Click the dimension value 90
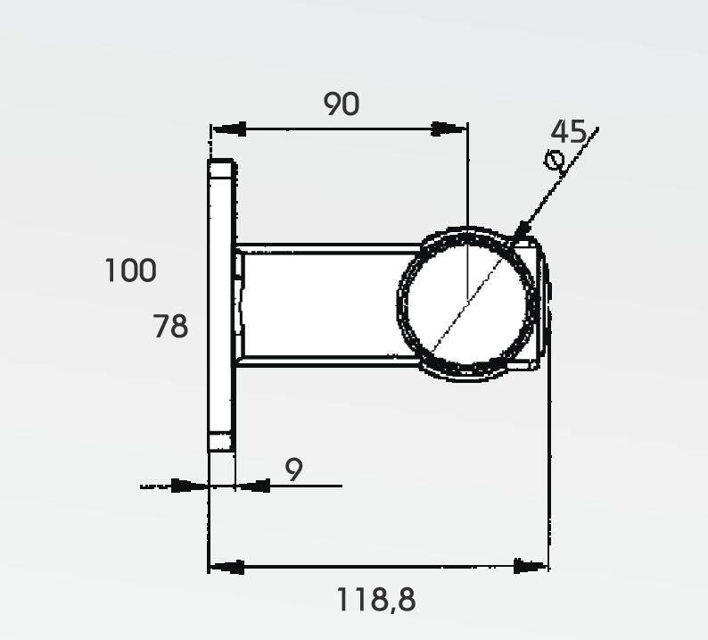[x=342, y=104]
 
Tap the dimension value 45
[x=569, y=131]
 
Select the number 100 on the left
[x=130, y=270]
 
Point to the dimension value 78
[x=170, y=327]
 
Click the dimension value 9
[x=293, y=470]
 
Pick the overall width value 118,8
[x=375, y=599]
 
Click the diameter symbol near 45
[x=554, y=160]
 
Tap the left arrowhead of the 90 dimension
[x=228, y=129]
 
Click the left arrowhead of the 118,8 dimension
[x=226, y=566]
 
